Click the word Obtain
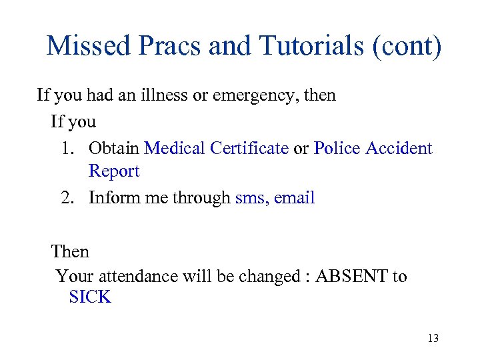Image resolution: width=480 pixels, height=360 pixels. tap(114, 148)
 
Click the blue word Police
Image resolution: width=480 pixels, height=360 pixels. tap(337, 148)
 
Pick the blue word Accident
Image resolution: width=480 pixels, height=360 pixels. tap(399, 148)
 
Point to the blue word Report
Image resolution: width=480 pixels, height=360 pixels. tap(114, 171)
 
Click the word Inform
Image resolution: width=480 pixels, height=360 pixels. tap(114, 198)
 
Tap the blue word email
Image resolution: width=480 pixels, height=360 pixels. tap(295, 198)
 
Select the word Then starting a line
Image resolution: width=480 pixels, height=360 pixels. tap(70, 251)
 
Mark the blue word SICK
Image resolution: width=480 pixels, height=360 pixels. tap(90, 297)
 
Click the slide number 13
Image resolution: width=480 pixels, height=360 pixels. tap(433, 339)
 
